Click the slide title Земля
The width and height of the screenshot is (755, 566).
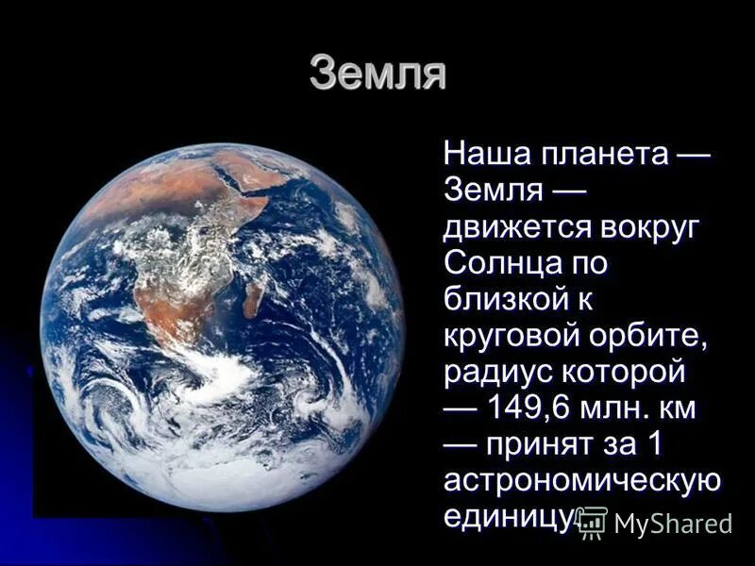(x=377, y=75)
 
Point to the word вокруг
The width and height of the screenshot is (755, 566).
(x=648, y=226)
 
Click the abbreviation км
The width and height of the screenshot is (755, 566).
(x=677, y=408)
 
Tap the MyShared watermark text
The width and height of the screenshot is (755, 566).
(x=673, y=524)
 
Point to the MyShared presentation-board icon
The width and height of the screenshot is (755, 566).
(x=592, y=522)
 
